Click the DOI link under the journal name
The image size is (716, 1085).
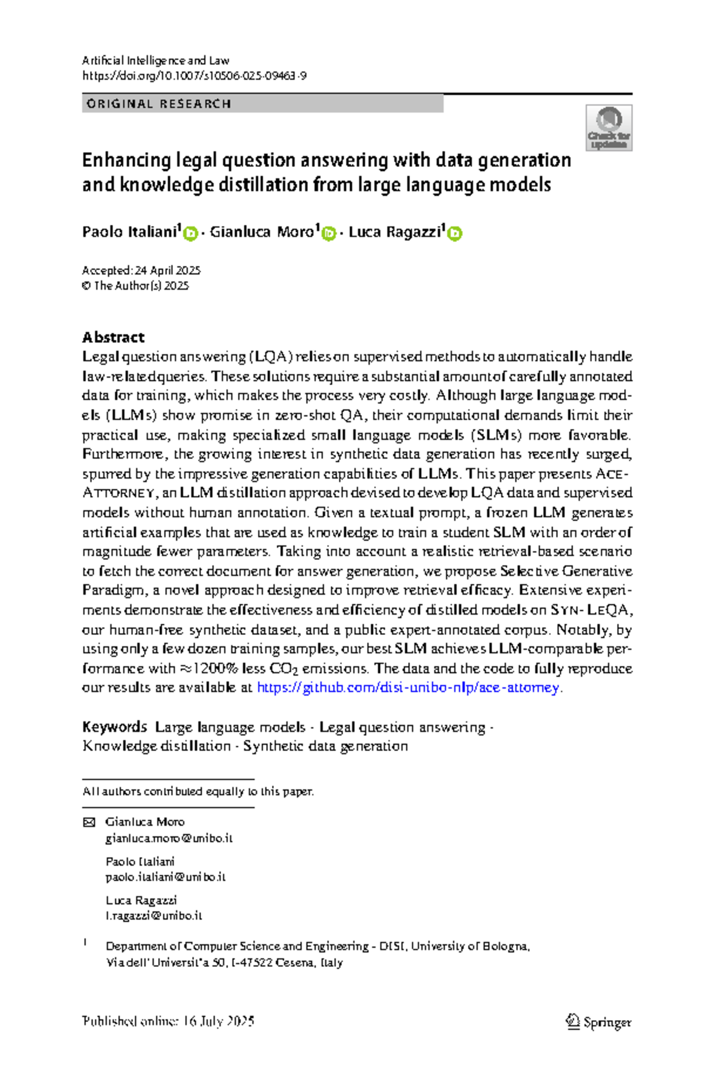point(194,76)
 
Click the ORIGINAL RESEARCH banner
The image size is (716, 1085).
point(262,104)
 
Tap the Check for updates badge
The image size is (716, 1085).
point(609,128)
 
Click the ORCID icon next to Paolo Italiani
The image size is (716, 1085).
point(190,234)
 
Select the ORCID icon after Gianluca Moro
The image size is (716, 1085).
point(329,234)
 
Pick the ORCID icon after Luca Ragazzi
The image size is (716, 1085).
point(455,234)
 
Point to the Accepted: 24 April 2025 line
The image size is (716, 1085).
point(141,270)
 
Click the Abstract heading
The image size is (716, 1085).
point(113,337)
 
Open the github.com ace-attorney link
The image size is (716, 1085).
point(408,687)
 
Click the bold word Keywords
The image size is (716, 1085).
point(114,727)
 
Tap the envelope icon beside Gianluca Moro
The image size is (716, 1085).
point(89,822)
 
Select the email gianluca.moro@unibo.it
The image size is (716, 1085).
point(169,838)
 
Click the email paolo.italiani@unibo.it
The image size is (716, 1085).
point(165,876)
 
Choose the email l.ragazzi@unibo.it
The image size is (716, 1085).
point(154,915)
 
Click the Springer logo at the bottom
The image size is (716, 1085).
point(598,1022)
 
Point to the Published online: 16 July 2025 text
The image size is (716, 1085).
point(168,1021)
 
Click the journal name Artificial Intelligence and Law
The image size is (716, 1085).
point(156,60)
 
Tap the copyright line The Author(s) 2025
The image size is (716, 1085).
point(135,286)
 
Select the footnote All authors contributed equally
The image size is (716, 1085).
point(198,791)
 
